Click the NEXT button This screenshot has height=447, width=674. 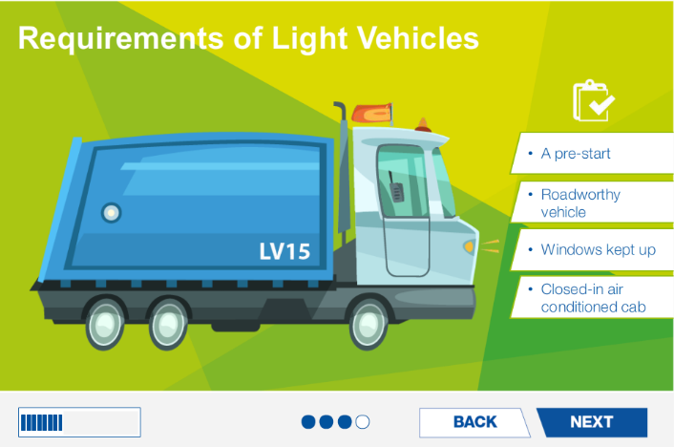591,422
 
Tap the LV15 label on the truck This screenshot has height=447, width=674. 284,252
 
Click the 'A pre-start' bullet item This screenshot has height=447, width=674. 575,153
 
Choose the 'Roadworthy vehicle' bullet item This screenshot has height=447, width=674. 580,202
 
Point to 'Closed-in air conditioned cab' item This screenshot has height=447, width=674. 593,297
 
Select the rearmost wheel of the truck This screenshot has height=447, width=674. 105,323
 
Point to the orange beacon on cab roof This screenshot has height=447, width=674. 421,125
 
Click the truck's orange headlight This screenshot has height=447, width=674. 469,246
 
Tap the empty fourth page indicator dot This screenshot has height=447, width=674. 362,421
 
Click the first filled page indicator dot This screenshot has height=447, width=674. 307,421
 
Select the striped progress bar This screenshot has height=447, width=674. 79,422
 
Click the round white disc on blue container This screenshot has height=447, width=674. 112,212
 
